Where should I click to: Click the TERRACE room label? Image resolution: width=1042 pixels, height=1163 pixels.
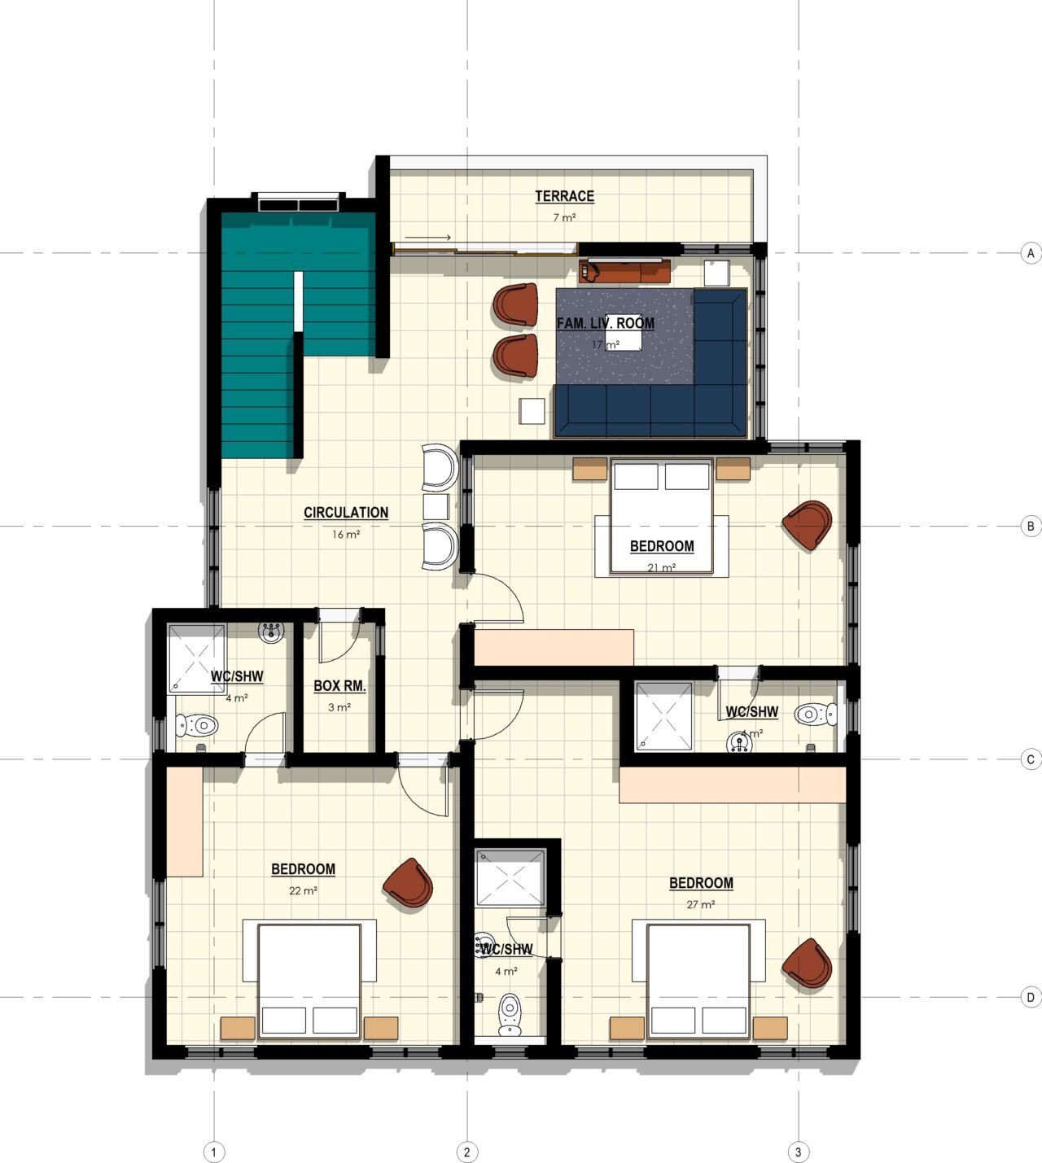564,196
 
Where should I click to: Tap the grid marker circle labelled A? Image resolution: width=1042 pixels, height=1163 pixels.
1031,253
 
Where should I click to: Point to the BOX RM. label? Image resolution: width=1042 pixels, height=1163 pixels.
339,686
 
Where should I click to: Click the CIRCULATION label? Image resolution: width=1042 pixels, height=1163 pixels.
346,513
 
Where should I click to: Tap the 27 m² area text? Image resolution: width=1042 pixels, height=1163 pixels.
700,905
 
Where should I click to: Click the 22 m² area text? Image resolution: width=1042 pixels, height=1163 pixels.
303,891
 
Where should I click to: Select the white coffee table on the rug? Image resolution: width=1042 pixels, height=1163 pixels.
624,340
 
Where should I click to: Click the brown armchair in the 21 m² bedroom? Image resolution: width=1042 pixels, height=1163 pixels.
808,525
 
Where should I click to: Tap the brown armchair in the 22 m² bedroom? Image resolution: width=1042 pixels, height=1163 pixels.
408,882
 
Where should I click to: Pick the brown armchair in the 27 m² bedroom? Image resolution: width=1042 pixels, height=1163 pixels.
807,963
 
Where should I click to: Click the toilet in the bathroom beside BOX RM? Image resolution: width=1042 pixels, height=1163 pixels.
197,726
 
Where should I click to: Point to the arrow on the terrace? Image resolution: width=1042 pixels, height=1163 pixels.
427,238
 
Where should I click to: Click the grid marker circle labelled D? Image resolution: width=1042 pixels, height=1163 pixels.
1031,997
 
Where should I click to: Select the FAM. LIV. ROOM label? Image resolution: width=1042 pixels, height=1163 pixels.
606,323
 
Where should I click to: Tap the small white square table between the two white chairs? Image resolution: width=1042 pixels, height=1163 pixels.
436,507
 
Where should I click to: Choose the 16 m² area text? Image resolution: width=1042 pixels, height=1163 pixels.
346,535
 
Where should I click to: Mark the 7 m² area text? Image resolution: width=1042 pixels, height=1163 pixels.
564,217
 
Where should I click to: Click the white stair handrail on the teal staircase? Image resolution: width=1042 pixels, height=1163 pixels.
299,301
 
